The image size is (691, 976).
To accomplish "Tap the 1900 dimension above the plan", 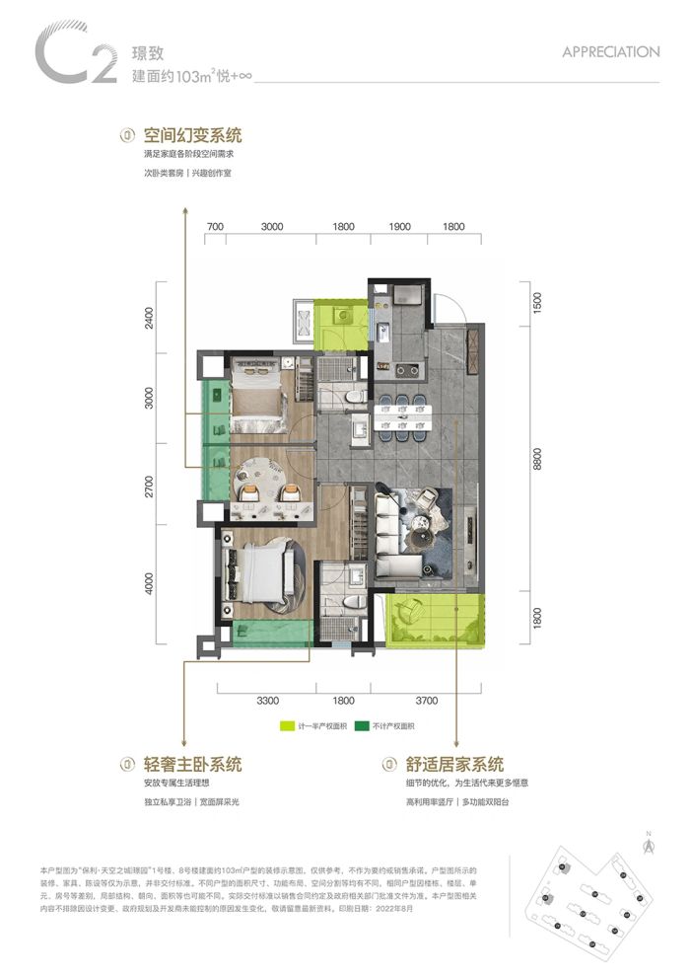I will coord(399,227).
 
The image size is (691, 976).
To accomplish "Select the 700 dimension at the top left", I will coord(216,227).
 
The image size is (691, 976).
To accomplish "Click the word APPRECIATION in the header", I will coord(610,51).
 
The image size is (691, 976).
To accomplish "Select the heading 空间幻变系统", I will coord(192,134).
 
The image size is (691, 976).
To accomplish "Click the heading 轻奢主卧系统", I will coord(192,764).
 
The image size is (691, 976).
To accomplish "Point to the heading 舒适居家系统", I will coord(454,764).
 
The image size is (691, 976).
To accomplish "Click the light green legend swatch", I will coord(287,726).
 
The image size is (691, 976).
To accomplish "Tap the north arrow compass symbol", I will coord(648,843).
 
